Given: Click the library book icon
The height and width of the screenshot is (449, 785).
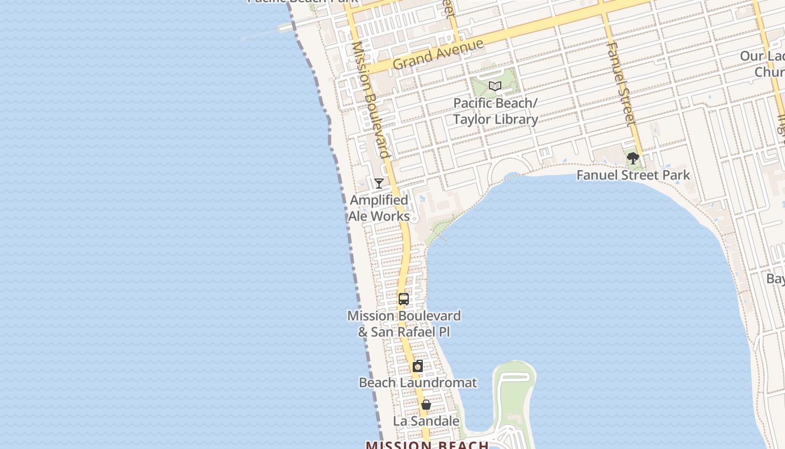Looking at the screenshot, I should (x=495, y=86).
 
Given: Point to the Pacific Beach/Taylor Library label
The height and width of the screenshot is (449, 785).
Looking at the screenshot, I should (x=495, y=111).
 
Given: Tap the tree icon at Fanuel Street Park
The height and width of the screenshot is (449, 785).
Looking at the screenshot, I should (x=633, y=158).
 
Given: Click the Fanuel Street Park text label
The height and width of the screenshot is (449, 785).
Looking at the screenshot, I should (x=633, y=175).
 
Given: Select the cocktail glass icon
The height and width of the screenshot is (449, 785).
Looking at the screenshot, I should (x=379, y=183).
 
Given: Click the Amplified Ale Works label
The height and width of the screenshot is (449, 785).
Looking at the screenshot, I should (x=379, y=208).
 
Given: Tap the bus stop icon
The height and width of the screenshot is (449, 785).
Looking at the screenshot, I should (x=404, y=299).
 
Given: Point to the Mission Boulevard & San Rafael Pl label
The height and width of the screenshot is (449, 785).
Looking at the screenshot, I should (x=404, y=323).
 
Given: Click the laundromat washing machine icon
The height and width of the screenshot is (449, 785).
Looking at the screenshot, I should (x=418, y=366).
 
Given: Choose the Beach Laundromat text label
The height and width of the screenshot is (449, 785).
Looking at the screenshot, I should (x=418, y=383).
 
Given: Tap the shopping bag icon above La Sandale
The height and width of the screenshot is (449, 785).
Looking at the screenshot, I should (x=426, y=405).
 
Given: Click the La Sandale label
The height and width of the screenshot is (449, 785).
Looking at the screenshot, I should (x=426, y=421).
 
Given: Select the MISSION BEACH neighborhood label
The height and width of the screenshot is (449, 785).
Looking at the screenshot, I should (x=427, y=445).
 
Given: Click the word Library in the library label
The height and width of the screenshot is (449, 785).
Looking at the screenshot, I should (x=512, y=119).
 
